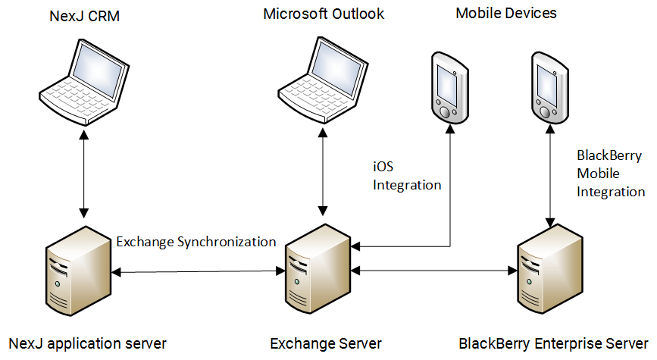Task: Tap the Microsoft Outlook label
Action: (x=324, y=14)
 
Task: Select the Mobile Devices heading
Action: (x=506, y=13)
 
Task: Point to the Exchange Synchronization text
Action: (x=196, y=242)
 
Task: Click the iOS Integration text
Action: (x=406, y=175)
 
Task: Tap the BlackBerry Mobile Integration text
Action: (x=610, y=174)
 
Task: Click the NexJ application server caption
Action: (x=87, y=343)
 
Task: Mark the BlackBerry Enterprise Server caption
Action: (x=554, y=343)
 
